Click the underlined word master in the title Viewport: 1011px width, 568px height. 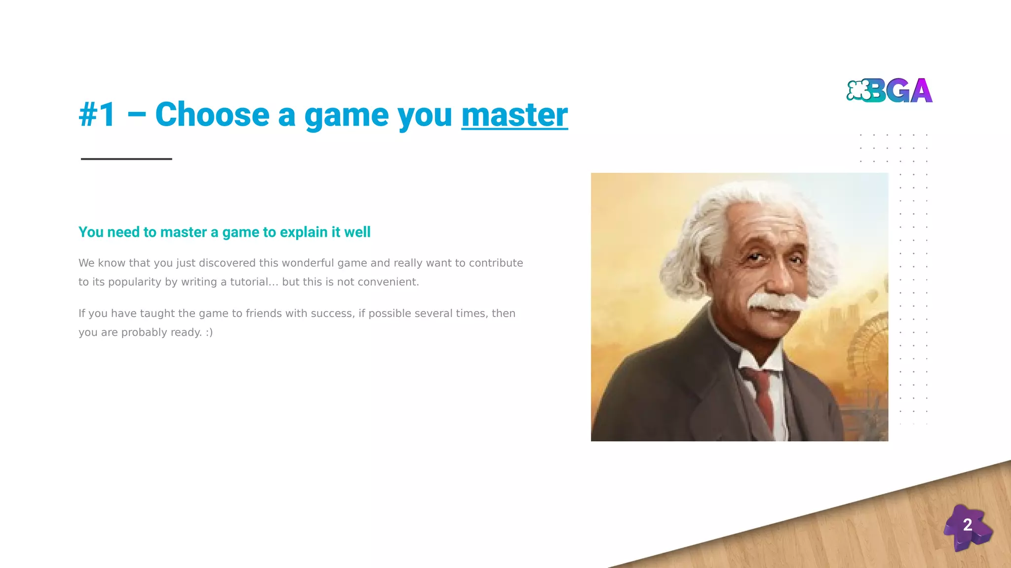(514, 115)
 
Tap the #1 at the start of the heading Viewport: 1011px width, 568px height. (97, 115)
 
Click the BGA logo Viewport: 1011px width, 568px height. (889, 91)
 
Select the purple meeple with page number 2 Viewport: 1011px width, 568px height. (967, 527)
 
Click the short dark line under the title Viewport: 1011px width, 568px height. (126, 159)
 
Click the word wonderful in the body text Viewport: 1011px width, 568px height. (308, 263)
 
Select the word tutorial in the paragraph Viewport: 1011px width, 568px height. (249, 282)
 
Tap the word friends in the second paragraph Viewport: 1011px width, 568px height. (264, 314)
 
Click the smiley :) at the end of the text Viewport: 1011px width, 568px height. (209, 332)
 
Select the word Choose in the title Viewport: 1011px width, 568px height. (212, 115)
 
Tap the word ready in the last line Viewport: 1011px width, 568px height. (186, 332)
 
